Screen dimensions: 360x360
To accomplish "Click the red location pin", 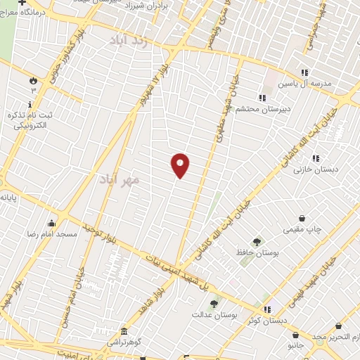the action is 181,165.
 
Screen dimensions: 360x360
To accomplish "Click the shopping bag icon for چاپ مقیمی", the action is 302,218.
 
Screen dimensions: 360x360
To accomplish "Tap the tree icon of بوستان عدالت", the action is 214,304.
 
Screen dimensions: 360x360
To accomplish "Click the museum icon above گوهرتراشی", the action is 124,331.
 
